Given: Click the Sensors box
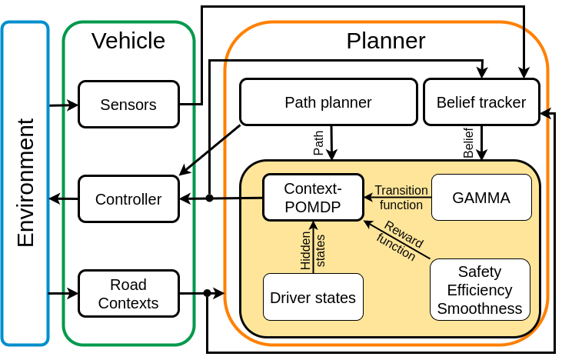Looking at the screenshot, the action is pyautogui.click(x=128, y=105).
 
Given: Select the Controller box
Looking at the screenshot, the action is pyautogui.click(x=128, y=199).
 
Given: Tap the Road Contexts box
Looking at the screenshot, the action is pyautogui.click(x=128, y=294).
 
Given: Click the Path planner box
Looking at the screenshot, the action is pyautogui.click(x=328, y=102).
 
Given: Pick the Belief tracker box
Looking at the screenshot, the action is pyautogui.click(x=481, y=102).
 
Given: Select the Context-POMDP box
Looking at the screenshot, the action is pyautogui.click(x=313, y=198).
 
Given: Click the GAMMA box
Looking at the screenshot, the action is pyautogui.click(x=481, y=198).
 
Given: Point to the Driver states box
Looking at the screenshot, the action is pyautogui.click(x=313, y=297).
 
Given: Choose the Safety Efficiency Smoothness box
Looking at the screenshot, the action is pyautogui.click(x=480, y=290).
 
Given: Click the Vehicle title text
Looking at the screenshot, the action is pyautogui.click(x=128, y=41).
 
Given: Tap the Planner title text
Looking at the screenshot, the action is pyautogui.click(x=386, y=41).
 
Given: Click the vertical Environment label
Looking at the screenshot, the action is pyautogui.click(x=25, y=182).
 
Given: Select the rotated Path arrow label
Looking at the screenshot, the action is pyautogui.click(x=318, y=143).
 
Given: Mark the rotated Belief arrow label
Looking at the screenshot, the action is pyautogui.click(x=468, y=143).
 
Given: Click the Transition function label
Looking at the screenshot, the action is pyautogui.click(x=401, y=198).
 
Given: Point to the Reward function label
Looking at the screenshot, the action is pyautogui.click(x=400, y=241).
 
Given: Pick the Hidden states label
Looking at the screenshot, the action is pyautogui.click(x=313, y=250).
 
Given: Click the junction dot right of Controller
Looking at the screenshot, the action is pyautogui.click(x=210, y=198).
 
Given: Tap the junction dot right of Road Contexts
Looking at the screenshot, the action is pyautogui.click(x=207, y=293).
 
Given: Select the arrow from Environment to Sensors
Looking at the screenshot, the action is pyautogui.click(x=64, y=105).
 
